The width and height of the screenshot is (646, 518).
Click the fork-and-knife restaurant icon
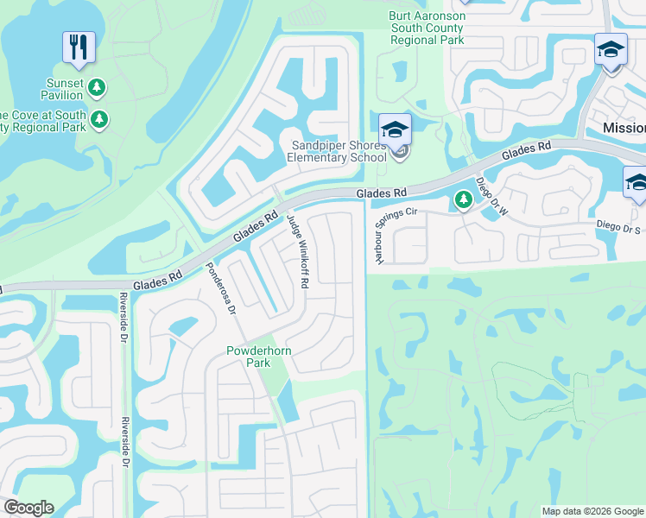pyautogui.click(x=79, y=47)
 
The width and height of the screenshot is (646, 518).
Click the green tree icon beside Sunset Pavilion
pyautogui.click(x=98, y=87)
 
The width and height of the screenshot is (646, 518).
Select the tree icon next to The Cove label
pyautogui.click(x=101, y=119)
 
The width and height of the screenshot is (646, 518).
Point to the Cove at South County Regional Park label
pyautogui.click(x=43, y=121)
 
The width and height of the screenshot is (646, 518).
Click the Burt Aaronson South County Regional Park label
pyautogui.click(x=427, y=28)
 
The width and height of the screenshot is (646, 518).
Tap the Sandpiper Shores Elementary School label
pyautogui.click(x=338, y=151)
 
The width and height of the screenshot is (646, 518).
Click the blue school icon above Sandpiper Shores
pyautogui.click(x=396, y=129)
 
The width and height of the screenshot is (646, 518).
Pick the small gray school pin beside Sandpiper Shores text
pyautogui.click(x=399, y=155)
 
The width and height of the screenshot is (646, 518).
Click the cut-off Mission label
pyautogui.click(x=624, y=128)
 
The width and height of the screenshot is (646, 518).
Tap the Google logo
pyautogui.click(x=28, y=508)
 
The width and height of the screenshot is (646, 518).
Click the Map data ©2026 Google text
pyautogui.click(x=592, y=511)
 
